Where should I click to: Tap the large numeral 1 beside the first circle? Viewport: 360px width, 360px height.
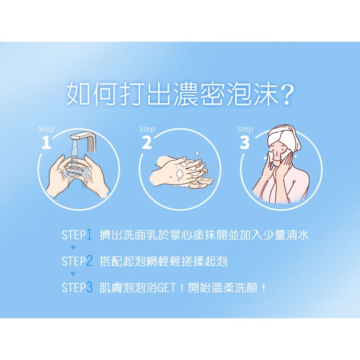[x=46, y=142]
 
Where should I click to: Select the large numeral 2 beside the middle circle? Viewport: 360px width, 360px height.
[x=147, y=142]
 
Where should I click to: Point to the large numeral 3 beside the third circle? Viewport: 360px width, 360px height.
[x=245, y=142]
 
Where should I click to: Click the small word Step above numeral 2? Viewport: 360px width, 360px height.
[x=147, y=129]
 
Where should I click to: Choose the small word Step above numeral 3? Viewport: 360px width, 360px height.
[x=245, y=129]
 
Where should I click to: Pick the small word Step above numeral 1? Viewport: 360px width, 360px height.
[x=46, y=129]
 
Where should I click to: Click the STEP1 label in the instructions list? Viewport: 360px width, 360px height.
[x=77, y=235]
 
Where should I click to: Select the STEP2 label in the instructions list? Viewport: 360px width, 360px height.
[x=77, y=261]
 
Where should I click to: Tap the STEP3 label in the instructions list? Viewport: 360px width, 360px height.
[x=77, y=287]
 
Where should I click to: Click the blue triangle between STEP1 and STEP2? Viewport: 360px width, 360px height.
[x=73, y=248]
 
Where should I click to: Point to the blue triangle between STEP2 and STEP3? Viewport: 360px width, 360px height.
[x=73, y=274]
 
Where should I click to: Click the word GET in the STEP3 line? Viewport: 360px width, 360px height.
[x=167, y=288]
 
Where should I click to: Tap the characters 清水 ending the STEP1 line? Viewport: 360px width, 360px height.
[x=297, y=235]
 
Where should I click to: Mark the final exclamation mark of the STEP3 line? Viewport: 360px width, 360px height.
[x=264, y=288]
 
